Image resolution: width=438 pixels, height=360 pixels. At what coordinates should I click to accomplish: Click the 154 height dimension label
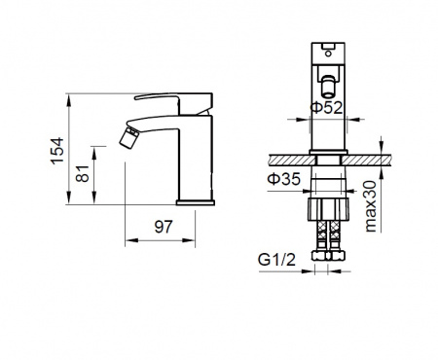point(57,151)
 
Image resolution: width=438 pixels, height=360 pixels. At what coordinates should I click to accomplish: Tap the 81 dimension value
point(83,173)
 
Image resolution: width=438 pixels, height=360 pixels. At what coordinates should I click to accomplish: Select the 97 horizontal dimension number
point(164,227)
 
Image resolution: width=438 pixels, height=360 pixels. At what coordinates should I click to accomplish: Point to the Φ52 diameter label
point(326,107)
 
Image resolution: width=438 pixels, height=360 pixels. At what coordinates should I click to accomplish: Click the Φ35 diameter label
point(284,179)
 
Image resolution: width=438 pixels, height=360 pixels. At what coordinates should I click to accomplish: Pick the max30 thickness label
point(371,206)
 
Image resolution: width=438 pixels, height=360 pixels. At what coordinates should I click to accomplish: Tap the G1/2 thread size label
point(277,260)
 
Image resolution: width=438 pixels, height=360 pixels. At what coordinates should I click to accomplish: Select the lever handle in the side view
point(174,102)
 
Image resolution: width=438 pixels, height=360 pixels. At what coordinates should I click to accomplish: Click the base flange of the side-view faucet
point(196,202)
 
